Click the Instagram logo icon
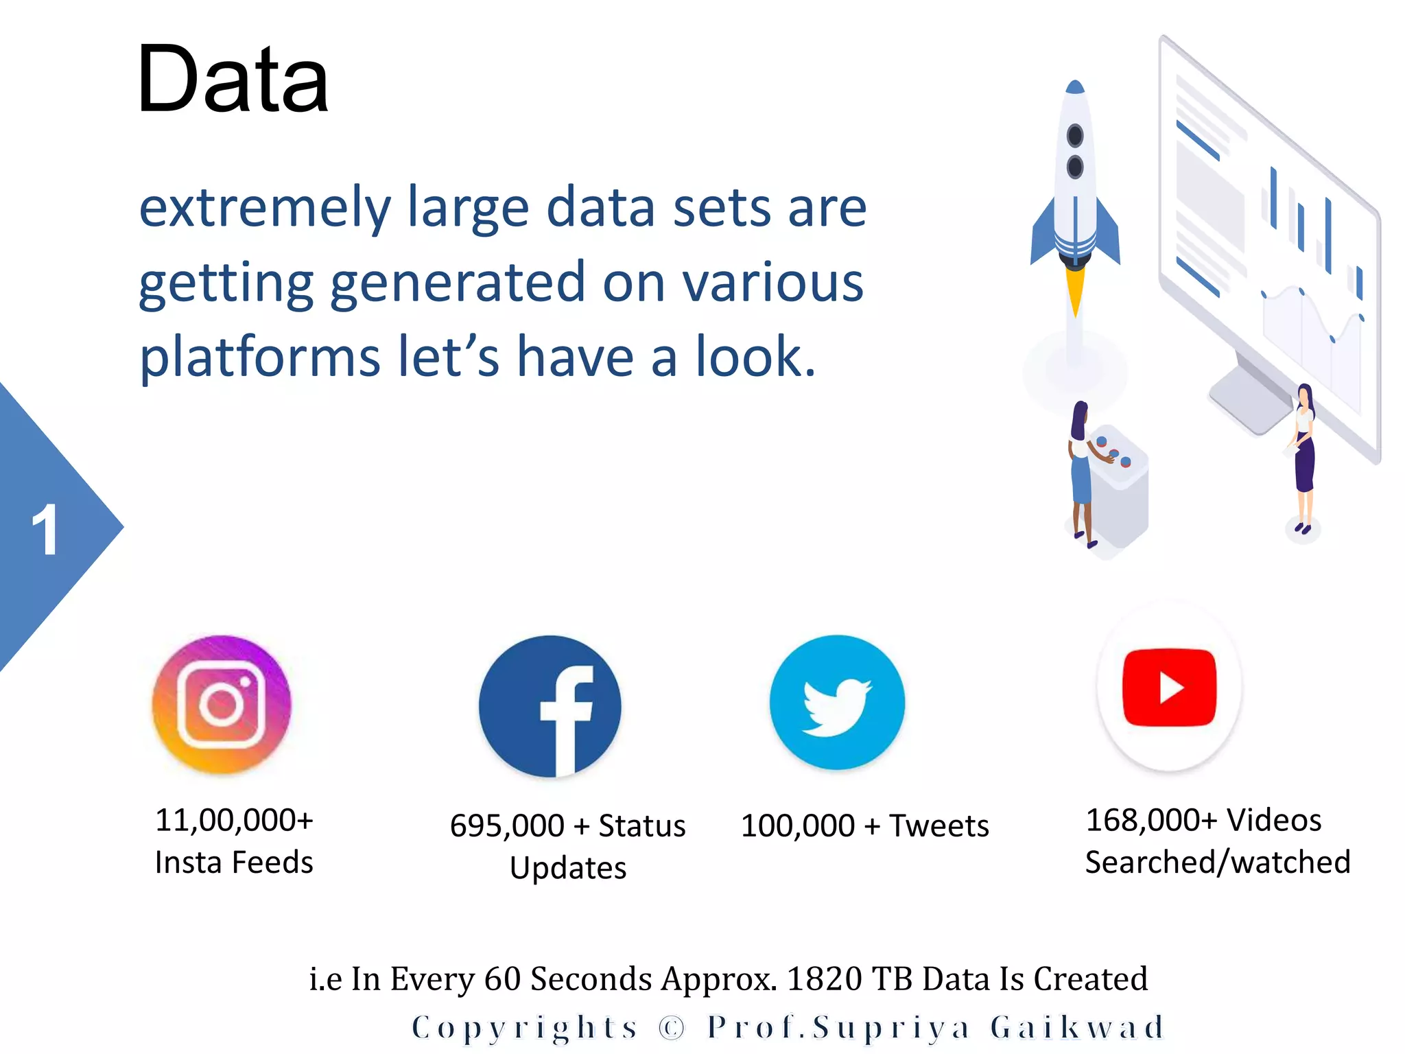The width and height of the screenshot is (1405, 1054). [x=222, y=704]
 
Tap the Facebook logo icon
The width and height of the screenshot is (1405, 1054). [x=550, y=707]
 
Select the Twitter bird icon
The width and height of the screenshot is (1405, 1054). [x=837, y=703]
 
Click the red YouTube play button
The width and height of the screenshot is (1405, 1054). [x=1169, y=687]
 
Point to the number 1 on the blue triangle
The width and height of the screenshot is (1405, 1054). [x=45, y=529]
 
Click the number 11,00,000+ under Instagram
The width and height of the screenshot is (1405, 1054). [x=234, y=820]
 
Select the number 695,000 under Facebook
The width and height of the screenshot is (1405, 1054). [x=506, y=825]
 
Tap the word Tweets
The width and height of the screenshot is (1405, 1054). [x=938, y=825]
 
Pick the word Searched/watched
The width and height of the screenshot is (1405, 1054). [x=1218, y=863]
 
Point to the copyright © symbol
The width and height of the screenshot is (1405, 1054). [x=672, y=1027]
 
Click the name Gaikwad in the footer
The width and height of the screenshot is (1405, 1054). [x=1078, y=1027]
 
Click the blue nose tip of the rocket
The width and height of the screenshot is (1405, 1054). [x=1075, y=87]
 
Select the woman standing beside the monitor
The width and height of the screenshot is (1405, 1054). [x=1303, y=456]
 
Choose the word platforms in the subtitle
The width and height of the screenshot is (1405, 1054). [x=260, y=357]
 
